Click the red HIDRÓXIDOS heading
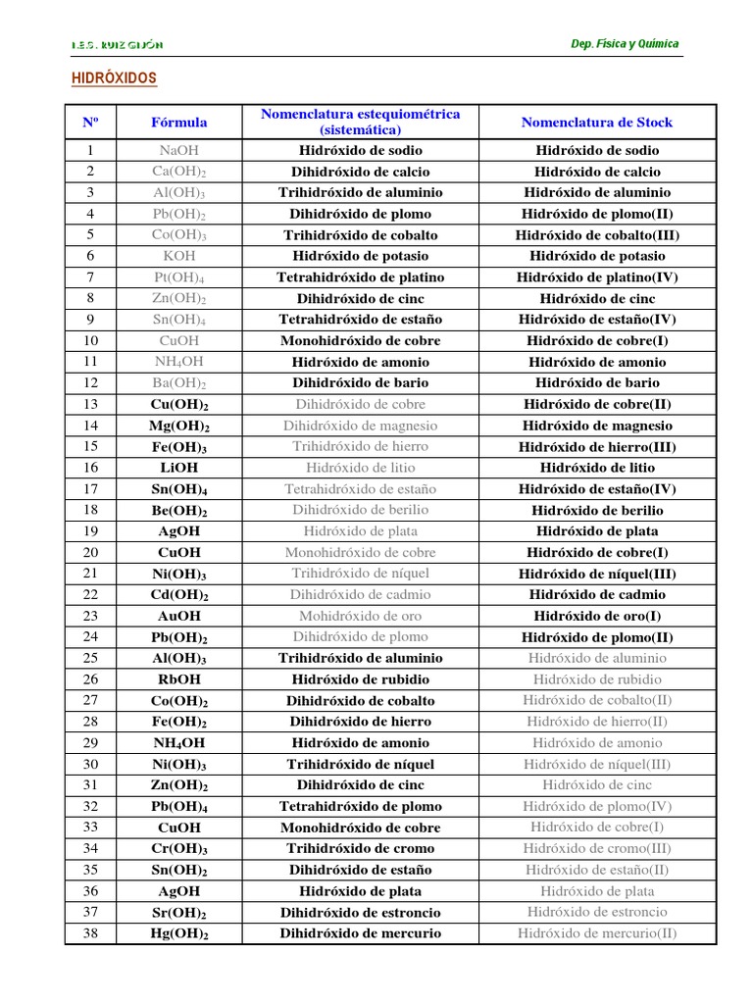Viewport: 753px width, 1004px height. (115, 78)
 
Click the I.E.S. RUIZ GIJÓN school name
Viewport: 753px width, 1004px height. (118, 45)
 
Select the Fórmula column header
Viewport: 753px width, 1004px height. (179, 123)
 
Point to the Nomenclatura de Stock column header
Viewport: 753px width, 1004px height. (597, 123)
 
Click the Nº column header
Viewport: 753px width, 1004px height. (90, 123)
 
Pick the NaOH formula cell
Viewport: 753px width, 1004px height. (179, 151)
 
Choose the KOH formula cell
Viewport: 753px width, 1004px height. (179, 256)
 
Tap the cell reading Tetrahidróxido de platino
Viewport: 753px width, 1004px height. (360, 277)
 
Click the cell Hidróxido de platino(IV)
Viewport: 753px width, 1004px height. (597, 277)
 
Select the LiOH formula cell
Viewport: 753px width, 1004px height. (179, 468)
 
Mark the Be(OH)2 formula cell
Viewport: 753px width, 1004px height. (179, 511)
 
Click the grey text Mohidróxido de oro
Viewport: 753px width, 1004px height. (360, 616)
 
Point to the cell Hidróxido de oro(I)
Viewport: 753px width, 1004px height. (597, 616)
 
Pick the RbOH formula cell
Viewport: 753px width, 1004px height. (179, 679)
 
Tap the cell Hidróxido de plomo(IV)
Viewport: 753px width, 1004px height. (597, 806)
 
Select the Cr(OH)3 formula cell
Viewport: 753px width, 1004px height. (179, 849)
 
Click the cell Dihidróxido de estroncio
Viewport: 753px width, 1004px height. (360, 912)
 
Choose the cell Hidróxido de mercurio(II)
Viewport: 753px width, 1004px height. (597, 933)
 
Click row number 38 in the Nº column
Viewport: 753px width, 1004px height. (90, 933)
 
